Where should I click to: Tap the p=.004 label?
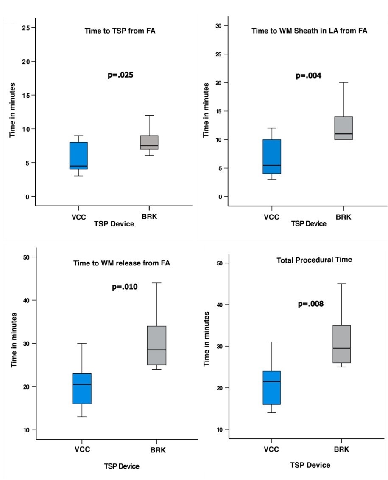click(x=308, y=76)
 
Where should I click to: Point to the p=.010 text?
click(x=125, y=287)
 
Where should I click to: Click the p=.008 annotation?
click(x=310, y=304)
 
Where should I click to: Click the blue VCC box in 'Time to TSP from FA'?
click(x=79, y=156)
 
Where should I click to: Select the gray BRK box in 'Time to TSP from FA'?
click(x=149, y=142)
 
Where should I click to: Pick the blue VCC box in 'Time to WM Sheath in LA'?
click(x=272, y=156)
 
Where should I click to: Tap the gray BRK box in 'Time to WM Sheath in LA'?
click(x=344, y=128)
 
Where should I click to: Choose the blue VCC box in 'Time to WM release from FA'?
click(x=82, y=388)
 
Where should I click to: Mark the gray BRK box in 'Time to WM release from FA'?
click(x=157, y=345)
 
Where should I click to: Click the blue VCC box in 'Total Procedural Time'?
click(x=271, y=387)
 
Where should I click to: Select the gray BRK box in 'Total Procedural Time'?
click(x=341, y=344)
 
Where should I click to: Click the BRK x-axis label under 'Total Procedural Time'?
click(x=342, y=450)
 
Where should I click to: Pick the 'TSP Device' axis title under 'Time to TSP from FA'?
click(x=114, y=224)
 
